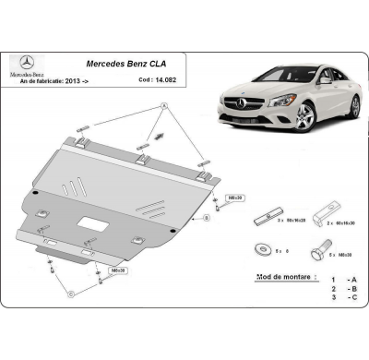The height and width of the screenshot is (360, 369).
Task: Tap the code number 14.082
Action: (167, 81)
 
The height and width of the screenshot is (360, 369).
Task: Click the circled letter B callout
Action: (207, 219)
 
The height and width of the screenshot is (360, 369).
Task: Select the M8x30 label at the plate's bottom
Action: (117, 270)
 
